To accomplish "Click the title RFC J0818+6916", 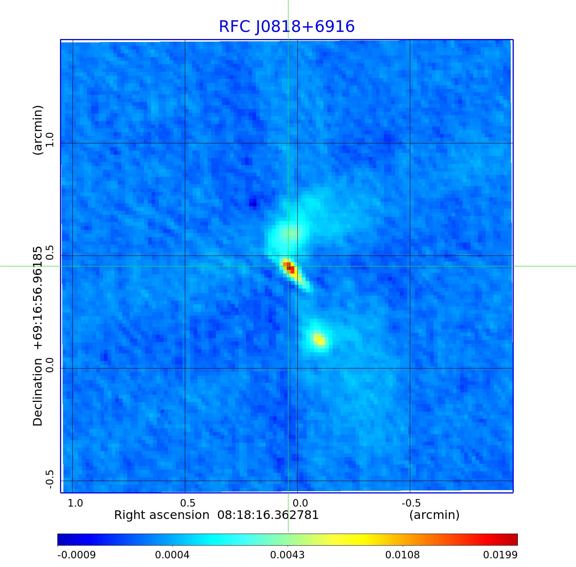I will tap(286, 27).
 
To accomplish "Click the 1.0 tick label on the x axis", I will tap(75, 503).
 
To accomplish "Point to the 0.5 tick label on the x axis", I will tap(188, 503).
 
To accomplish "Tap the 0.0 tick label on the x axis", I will tap(300, 503).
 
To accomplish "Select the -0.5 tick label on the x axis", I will tap(411, 503).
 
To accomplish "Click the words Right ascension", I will tap(162, 515).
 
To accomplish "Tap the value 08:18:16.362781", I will tap(268, 515).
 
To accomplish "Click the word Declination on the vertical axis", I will tap(38, 392).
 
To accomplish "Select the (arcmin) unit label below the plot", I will tap(434, 515).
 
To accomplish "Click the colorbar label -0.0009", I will tap(76, 555).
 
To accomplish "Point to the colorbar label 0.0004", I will tap(173, 555).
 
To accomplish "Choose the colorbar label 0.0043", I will tap(288, 555).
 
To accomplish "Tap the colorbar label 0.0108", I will tap(403, 555).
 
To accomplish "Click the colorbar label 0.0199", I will tap(500, 555).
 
